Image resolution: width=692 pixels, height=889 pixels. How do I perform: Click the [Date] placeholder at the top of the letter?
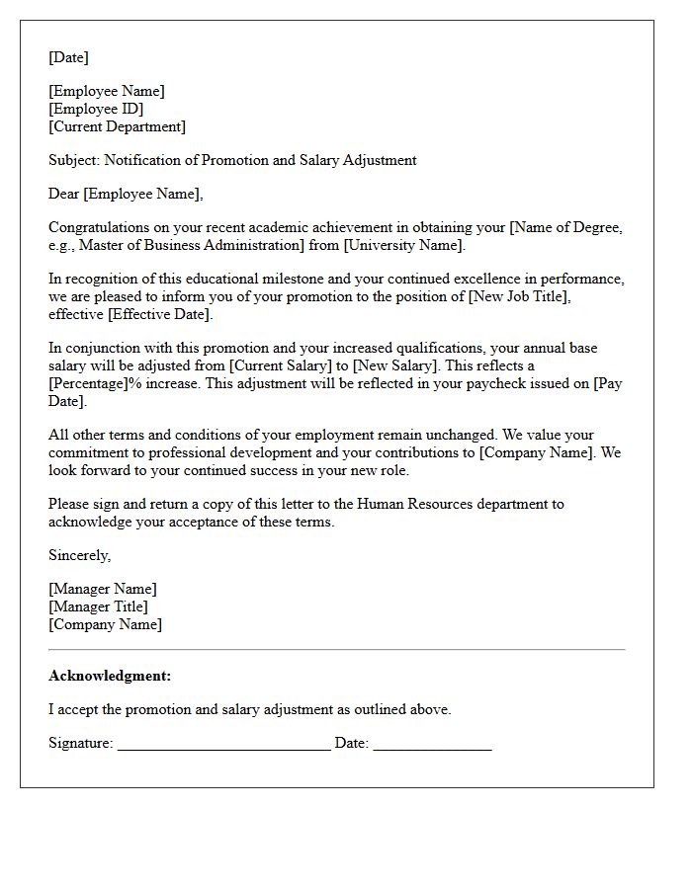point(68,57)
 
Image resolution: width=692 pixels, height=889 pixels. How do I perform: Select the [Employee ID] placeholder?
point(96,109)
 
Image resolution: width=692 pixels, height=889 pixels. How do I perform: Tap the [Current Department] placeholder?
point(117,126)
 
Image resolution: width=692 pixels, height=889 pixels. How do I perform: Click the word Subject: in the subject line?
point(74,160)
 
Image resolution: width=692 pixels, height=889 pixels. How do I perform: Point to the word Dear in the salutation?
point(64,194)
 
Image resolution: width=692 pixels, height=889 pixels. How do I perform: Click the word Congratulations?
point(102,227)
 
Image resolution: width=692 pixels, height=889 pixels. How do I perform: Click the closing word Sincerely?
point(79,555)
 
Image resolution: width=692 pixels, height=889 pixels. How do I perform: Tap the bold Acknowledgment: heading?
point(110,676)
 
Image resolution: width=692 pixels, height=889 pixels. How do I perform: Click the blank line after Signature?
point(223,745)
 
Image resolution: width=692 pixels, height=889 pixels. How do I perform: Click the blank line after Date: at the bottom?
point(432,745)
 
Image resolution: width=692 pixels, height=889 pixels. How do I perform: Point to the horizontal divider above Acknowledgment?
point(336,649)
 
